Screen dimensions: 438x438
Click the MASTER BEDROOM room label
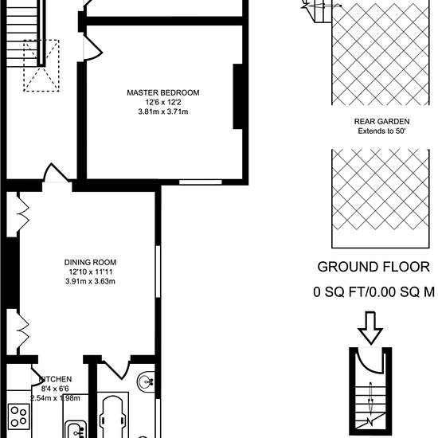click(x=163, y=92)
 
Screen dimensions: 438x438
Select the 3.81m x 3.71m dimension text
click(x=163, y=111)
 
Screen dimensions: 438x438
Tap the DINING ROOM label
click(x=90, y=262)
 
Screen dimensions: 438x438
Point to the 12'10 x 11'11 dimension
click(x=91, y=272)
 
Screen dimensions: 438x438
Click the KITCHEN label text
click(x=55, y=379)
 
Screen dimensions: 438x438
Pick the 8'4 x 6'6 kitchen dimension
click(x=55, y=389)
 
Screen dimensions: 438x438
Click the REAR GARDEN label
click(x=381, y=122)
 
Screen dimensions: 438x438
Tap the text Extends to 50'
click(x=381, y=131)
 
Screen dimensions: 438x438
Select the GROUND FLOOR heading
click(x=373, y=267)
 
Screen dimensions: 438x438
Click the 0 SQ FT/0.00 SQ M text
click(x=373, y=292)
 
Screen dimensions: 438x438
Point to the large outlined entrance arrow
click(x=370, y=328)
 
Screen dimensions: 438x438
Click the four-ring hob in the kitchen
click(x=19, y=416)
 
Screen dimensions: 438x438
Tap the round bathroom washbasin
click(x=146, y=381)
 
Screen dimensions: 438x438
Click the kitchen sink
click(x=76, y=428)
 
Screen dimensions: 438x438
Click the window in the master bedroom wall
click(x=200, y=182)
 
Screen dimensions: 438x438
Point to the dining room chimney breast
click(x=13, y=273)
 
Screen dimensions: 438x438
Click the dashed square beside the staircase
click(x=41, y=65)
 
